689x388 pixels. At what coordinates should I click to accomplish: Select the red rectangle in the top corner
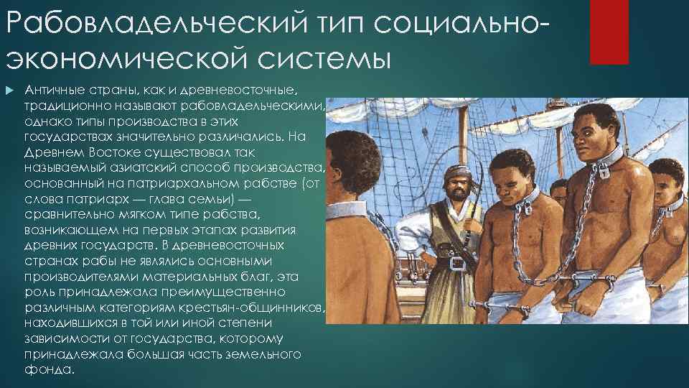tap(609, 32)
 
